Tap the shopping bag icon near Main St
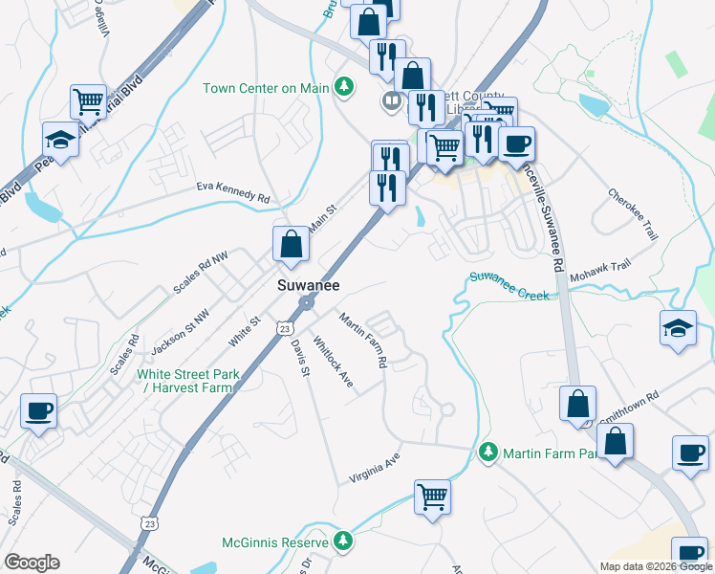pyautogui.click(x=291, y=244)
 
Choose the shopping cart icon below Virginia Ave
pyautogui.click(x=432, y=496)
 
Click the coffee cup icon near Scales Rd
pyautogui.click(x=38, y=411)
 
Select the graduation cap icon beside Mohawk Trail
pyautogui.click(x=678, y=328)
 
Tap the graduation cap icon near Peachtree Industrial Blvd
pyautogui.click(x=60, y=140)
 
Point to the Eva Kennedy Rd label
pyautogui.click(x=233, y=191)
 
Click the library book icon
pyautogui.click(x=391, y=99)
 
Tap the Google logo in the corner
pyautogui.click(x=32, y=563)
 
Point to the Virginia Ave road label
pyautogui.click(x=374, y=467)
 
